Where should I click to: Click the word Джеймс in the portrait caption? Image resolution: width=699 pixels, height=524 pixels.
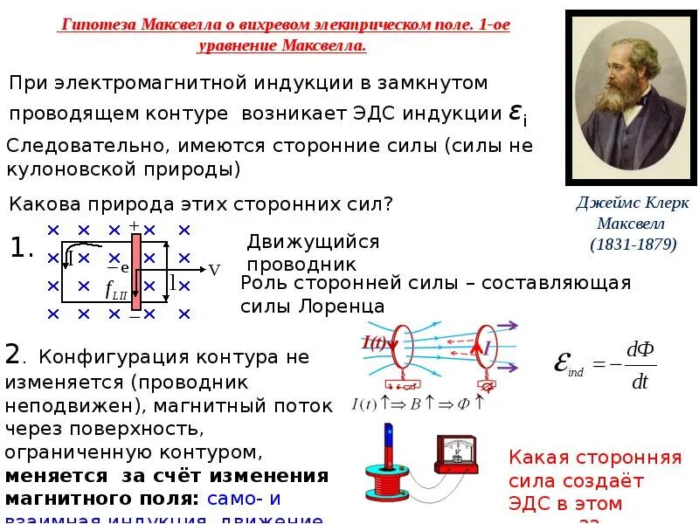click(603, 203)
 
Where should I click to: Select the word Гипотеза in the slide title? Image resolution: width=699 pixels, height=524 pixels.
click(96, 25)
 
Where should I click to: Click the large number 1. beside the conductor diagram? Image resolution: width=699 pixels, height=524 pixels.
click(22, 249)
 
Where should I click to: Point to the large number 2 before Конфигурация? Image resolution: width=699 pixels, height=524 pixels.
click(12, 354)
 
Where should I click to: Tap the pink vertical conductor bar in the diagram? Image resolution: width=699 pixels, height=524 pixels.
click(135, 271)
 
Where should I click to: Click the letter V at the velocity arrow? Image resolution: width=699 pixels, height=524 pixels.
click(214, 271)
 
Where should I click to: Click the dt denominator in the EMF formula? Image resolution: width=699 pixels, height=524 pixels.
click(640, 382)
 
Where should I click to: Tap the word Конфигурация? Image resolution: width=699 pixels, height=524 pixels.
click(122, 357)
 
